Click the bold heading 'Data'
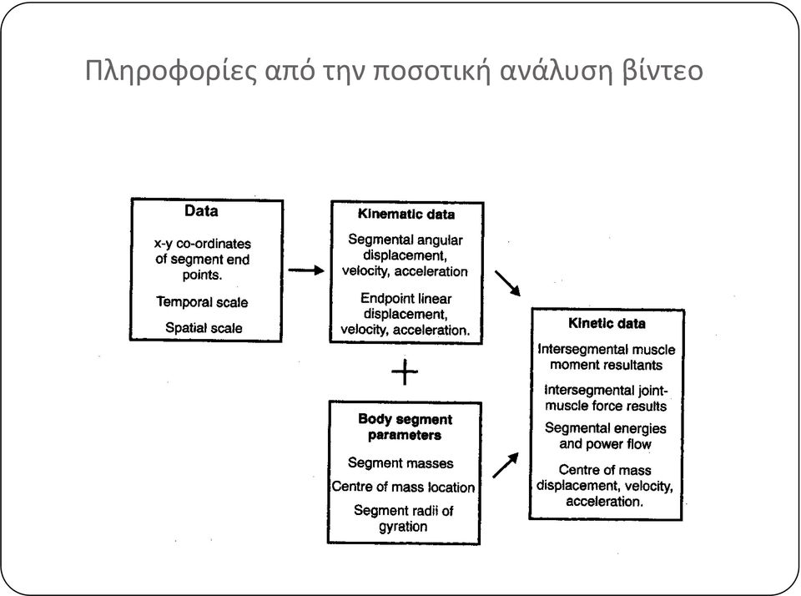point(201,210)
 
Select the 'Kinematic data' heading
point(406,214)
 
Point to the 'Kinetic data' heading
point(607,323)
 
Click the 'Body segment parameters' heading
point(406,427)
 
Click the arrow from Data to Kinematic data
point(306,270)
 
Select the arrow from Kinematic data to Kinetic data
point(508,283)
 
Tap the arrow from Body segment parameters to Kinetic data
point(506,465)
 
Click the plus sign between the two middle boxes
point(405,371)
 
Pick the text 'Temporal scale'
point(202,302)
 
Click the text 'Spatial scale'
point(204,328)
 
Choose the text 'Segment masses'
point(400,463)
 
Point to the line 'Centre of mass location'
point(403,487)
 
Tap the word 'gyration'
point(403,527)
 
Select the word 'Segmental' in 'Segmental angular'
point(377,240)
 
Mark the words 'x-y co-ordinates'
point(203,244)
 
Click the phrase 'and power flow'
point(606,444)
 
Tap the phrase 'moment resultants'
point(607,365)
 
